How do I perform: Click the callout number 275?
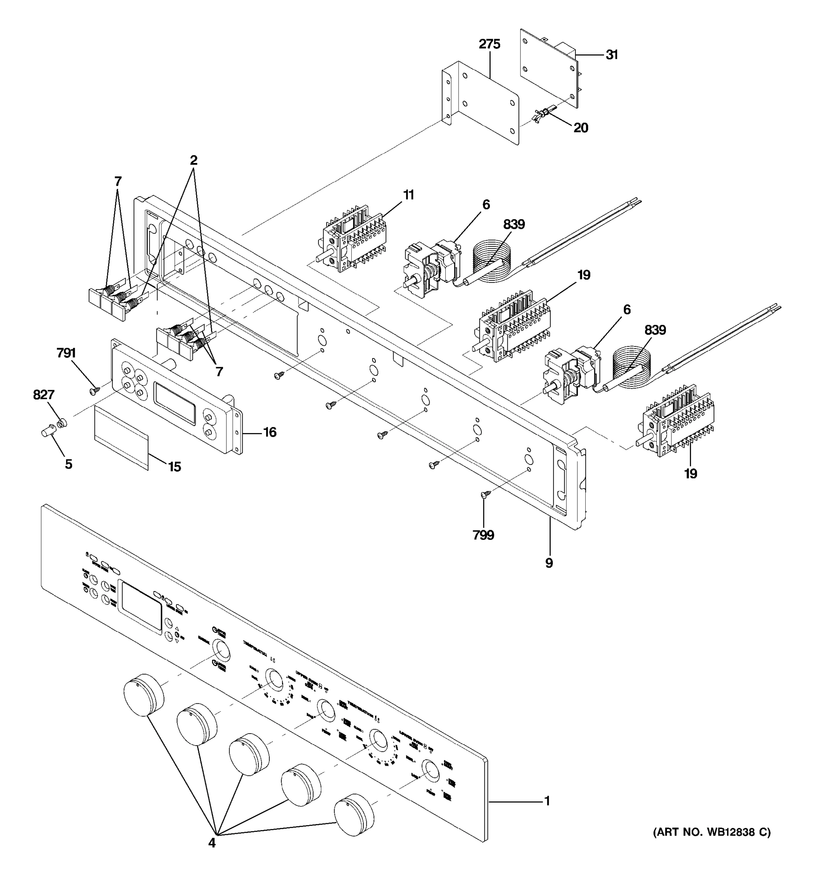[x=489, y=44]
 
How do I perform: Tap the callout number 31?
[x=612, y=55]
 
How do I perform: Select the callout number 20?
[x=581, y=128]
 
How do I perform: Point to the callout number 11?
[x=409, y=195]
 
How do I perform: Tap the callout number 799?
[x=483, y=535]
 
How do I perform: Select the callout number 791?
[x=66, y=353]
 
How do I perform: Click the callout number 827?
[x=44, y=395]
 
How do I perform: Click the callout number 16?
[x=270, y=432]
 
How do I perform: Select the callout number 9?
[x=549, y=563]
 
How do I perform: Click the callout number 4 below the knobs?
[x=212, y=843]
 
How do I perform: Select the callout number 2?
[x=194, y=161]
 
